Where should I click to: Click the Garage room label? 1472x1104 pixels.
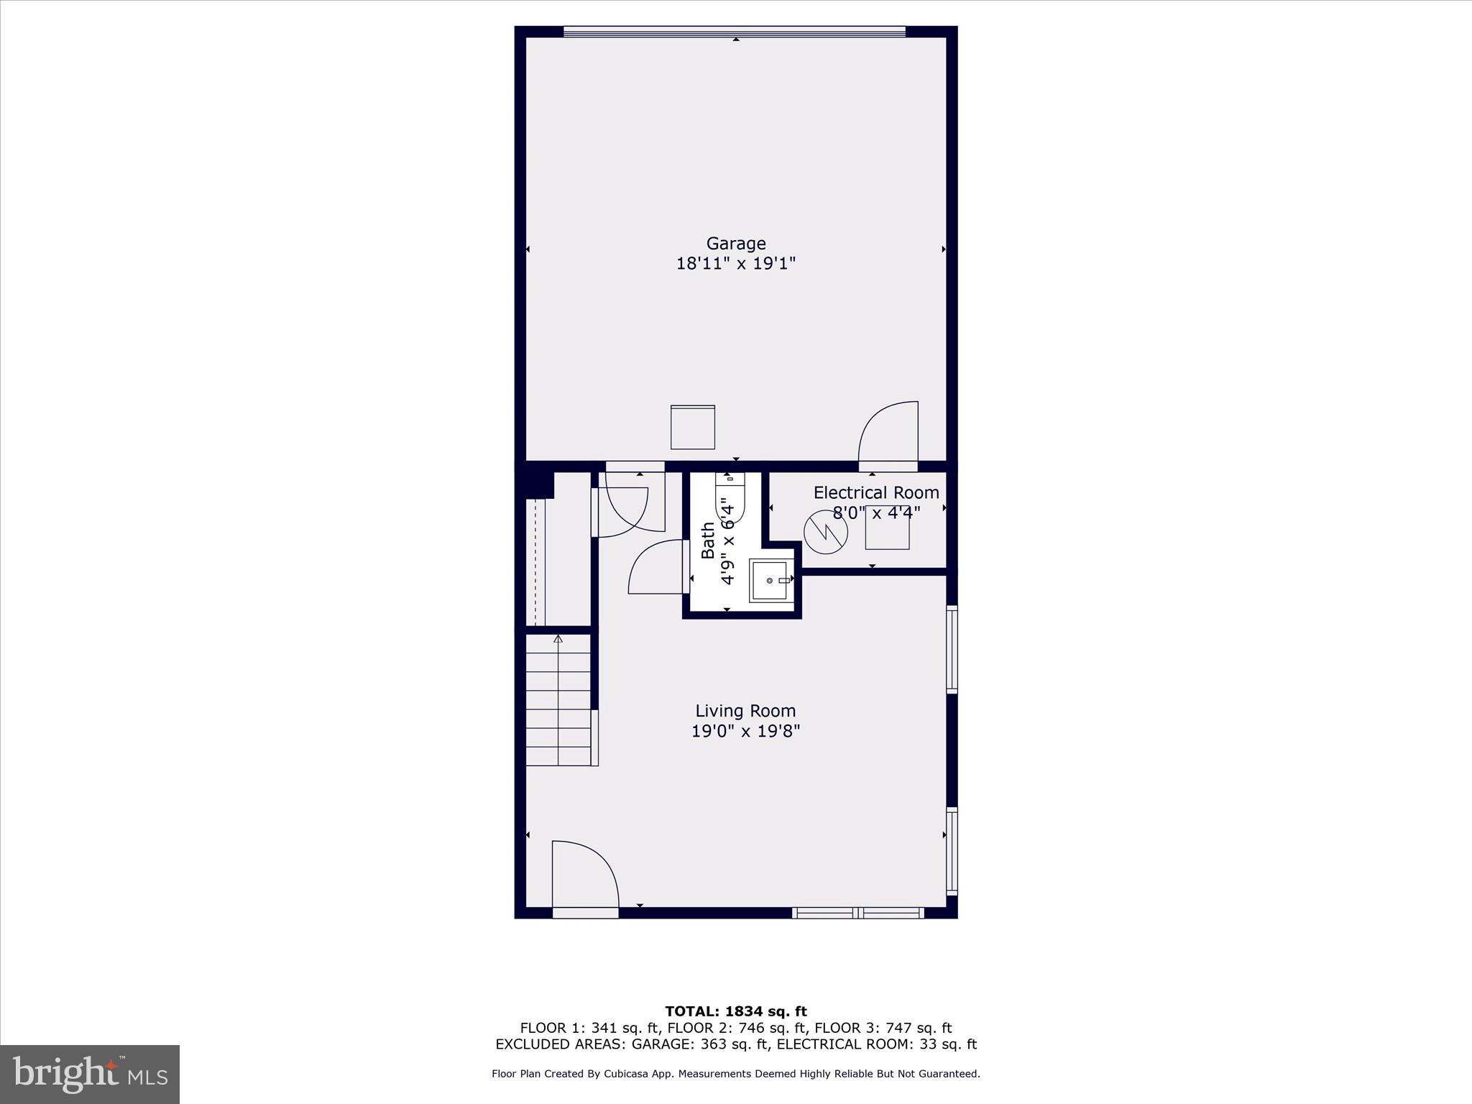coord(735,244)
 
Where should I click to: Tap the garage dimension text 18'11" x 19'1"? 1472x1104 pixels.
coord(735,264)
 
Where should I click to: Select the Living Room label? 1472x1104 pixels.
coord(745,711)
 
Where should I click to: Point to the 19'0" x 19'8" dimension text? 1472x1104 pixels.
coord(745,731)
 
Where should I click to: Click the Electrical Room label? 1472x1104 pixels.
coord(875,493)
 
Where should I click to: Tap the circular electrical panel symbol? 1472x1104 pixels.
coord(826,532)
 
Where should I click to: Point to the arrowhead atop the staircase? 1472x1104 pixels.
coord(558,638)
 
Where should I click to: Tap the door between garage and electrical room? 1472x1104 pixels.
coord(888,433)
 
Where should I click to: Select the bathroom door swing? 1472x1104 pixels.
coord(655,568)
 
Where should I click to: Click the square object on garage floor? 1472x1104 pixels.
coord(692,428)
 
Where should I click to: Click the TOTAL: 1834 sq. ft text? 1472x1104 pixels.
coord(735,1011)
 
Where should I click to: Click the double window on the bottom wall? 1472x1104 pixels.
coord(857,913)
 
